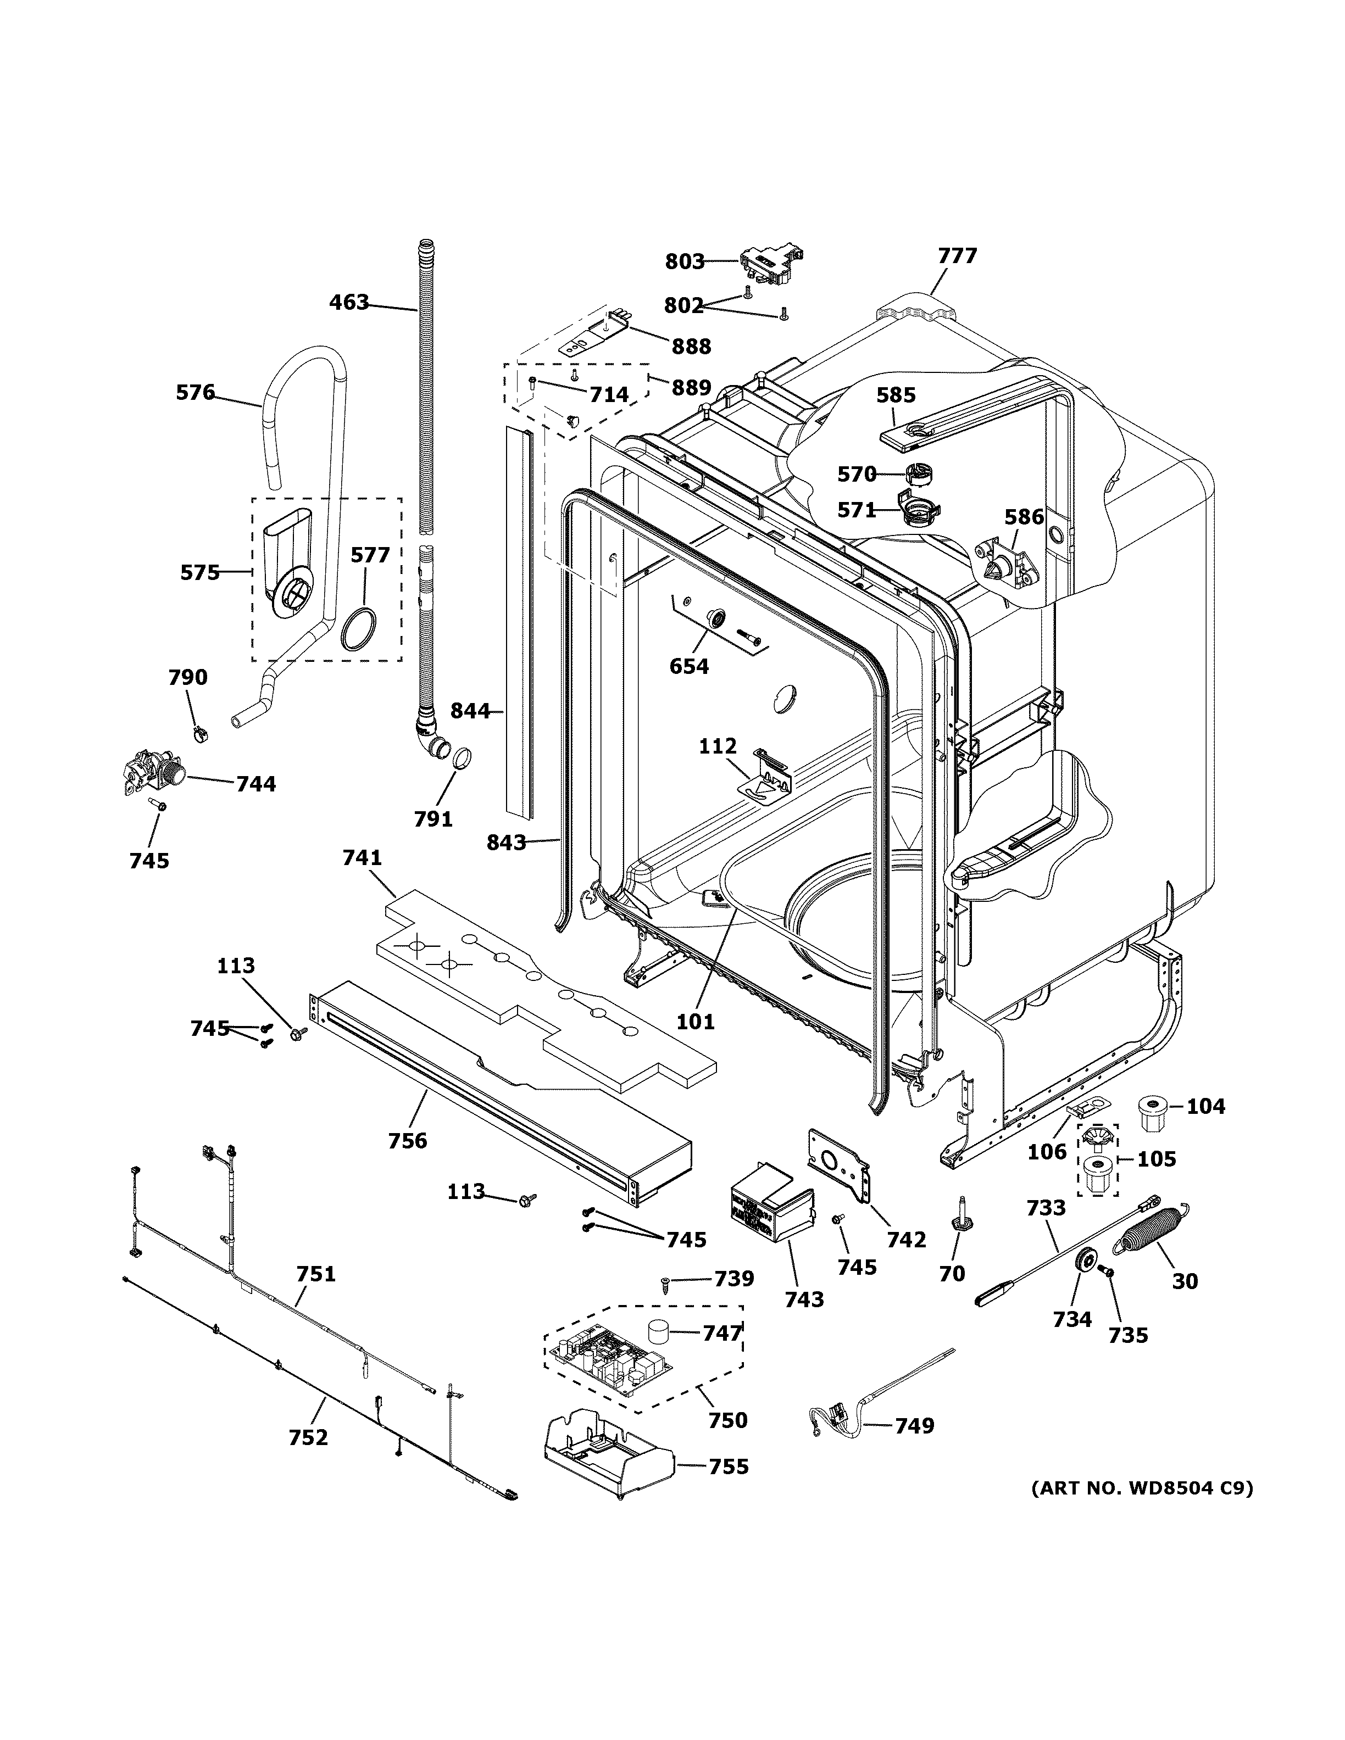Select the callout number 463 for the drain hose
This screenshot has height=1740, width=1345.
[x=349, y=303]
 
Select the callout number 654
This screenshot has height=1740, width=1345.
[x=688, y=666]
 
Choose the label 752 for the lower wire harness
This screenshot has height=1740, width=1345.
[x=308, y=1437]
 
